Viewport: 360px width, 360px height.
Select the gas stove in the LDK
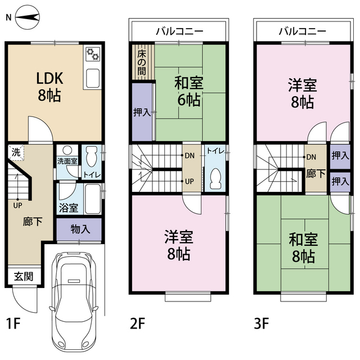pos(92,55)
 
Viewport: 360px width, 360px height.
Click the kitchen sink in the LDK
pos(92,77)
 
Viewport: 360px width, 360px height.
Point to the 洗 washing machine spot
pos(17,152)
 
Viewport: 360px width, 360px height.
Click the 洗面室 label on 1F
pos(67,161)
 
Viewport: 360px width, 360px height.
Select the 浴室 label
pos(69,206)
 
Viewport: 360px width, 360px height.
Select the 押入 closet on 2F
pos(142,112)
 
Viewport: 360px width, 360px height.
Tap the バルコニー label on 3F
pos(303,31)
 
